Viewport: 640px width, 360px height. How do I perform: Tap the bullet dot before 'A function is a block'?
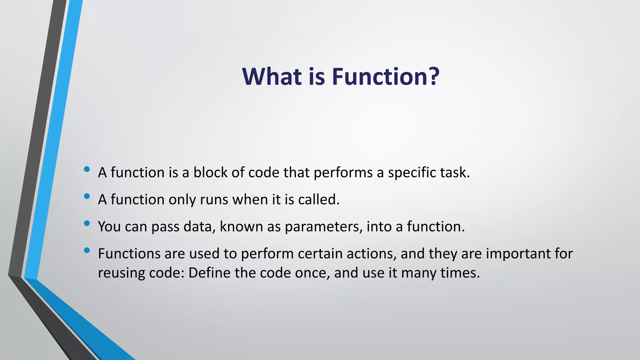click(87, 169)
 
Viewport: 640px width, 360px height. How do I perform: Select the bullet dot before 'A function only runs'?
click(87, 196)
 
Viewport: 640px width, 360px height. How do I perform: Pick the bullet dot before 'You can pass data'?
click(87, 223)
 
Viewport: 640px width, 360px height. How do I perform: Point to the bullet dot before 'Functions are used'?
click(87, 250)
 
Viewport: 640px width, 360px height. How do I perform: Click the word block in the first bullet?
click(210, 172)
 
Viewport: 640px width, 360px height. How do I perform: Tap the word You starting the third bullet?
click(109, 227)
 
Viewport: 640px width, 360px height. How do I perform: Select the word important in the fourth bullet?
click(518, 253)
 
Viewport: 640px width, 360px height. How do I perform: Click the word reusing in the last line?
click(121, 273)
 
